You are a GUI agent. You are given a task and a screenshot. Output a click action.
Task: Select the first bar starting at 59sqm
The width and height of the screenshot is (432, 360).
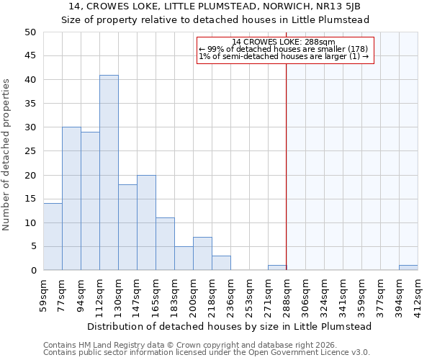pos(53,237)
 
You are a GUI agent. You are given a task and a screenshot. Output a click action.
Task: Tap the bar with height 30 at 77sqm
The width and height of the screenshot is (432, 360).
pos(71,199)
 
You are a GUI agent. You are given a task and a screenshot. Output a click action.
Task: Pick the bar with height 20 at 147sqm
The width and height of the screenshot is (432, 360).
pos(146,222)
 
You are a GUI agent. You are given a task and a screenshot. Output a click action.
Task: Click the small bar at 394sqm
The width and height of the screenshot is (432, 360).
pos(408,268)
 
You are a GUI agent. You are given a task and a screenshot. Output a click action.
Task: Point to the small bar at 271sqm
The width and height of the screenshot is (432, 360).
pos(277,268)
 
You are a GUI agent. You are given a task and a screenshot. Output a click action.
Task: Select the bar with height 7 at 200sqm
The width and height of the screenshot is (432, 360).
pos(202,253)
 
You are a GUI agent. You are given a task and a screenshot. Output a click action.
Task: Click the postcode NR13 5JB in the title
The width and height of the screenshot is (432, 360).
pos(348,6)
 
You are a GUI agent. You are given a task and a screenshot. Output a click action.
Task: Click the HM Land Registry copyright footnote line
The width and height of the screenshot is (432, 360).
pos(187,345)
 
